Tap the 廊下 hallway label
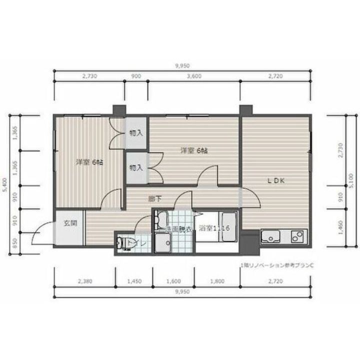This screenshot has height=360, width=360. (x=155, y=198)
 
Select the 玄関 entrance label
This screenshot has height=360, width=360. (x=70, y=223)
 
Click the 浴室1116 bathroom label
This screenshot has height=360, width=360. (x=213, y=228)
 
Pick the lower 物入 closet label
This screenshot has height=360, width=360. (x=136, y=168)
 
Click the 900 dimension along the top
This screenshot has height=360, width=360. (x=135, y=76)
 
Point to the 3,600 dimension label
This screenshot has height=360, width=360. (x=193, y=76)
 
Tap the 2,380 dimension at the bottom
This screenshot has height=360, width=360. (x=85, y=281)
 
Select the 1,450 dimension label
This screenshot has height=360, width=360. (x=134, y=281)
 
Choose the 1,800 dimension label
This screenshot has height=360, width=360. (x=217, y=281)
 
